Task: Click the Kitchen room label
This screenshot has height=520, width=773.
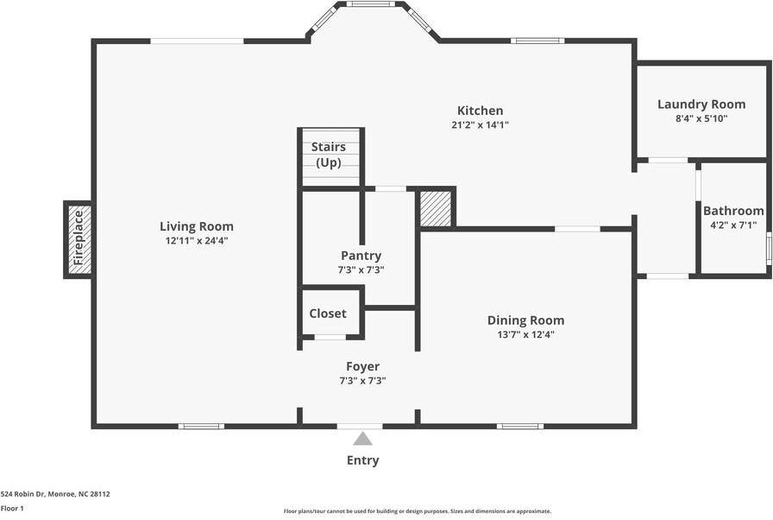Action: click(x=480, y=111)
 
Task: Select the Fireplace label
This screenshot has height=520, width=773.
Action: click(x=79, y=239)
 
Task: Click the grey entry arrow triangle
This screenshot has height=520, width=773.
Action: click(x=362, y=439)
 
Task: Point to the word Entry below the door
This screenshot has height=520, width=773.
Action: click(x=362, y=460)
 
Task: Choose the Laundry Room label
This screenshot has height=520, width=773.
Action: click(x=701, y=105)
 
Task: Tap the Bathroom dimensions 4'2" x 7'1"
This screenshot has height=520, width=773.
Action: click(x=733, y=225)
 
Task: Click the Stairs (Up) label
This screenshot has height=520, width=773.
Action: click(x=328, y=155)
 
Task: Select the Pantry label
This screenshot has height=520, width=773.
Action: click(x=361, y=256)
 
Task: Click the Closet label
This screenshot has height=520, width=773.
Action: click(x=328, y=314)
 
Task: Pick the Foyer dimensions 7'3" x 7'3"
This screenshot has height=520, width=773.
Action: click(x=362, y=380)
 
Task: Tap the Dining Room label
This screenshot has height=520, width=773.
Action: click(x=525, y=320)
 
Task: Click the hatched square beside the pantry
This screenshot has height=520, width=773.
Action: click(x=436, y=209)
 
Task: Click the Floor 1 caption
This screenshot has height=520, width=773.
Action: click(x=12, y=508)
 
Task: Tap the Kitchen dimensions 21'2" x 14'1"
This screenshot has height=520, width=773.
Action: click(x=480, y=124)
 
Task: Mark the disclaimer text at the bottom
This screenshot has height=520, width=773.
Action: click(x=418, y=510)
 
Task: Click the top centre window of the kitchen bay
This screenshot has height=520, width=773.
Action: click(x=372, y=4)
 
